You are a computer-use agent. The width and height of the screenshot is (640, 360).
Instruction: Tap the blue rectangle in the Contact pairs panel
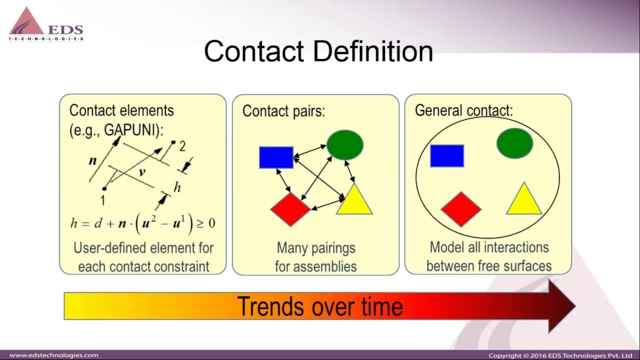click(276, 157)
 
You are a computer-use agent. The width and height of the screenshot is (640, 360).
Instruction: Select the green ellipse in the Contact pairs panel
click(344, 145)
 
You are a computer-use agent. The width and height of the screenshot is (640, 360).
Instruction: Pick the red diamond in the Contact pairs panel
click(290, 209)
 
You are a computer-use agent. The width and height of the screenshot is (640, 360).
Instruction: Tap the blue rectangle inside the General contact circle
click(446, 155)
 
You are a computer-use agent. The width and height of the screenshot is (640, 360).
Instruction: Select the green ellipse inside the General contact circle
click(514, 143)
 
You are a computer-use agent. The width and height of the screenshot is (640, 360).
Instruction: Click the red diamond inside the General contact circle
click(460, 209)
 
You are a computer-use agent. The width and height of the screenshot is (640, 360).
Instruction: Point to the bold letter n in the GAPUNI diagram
click(92, 161)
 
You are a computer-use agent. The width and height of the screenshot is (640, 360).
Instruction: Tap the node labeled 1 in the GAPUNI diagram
click(104, 189)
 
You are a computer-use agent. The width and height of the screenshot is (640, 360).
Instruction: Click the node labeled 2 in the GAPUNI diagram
click(173, 142)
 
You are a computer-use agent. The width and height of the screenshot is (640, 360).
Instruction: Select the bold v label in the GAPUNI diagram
click(142, 172)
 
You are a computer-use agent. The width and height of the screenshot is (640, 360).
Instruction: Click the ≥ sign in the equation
click(199, 223)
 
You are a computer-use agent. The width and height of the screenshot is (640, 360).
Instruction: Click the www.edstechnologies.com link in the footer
click(54, 355)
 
